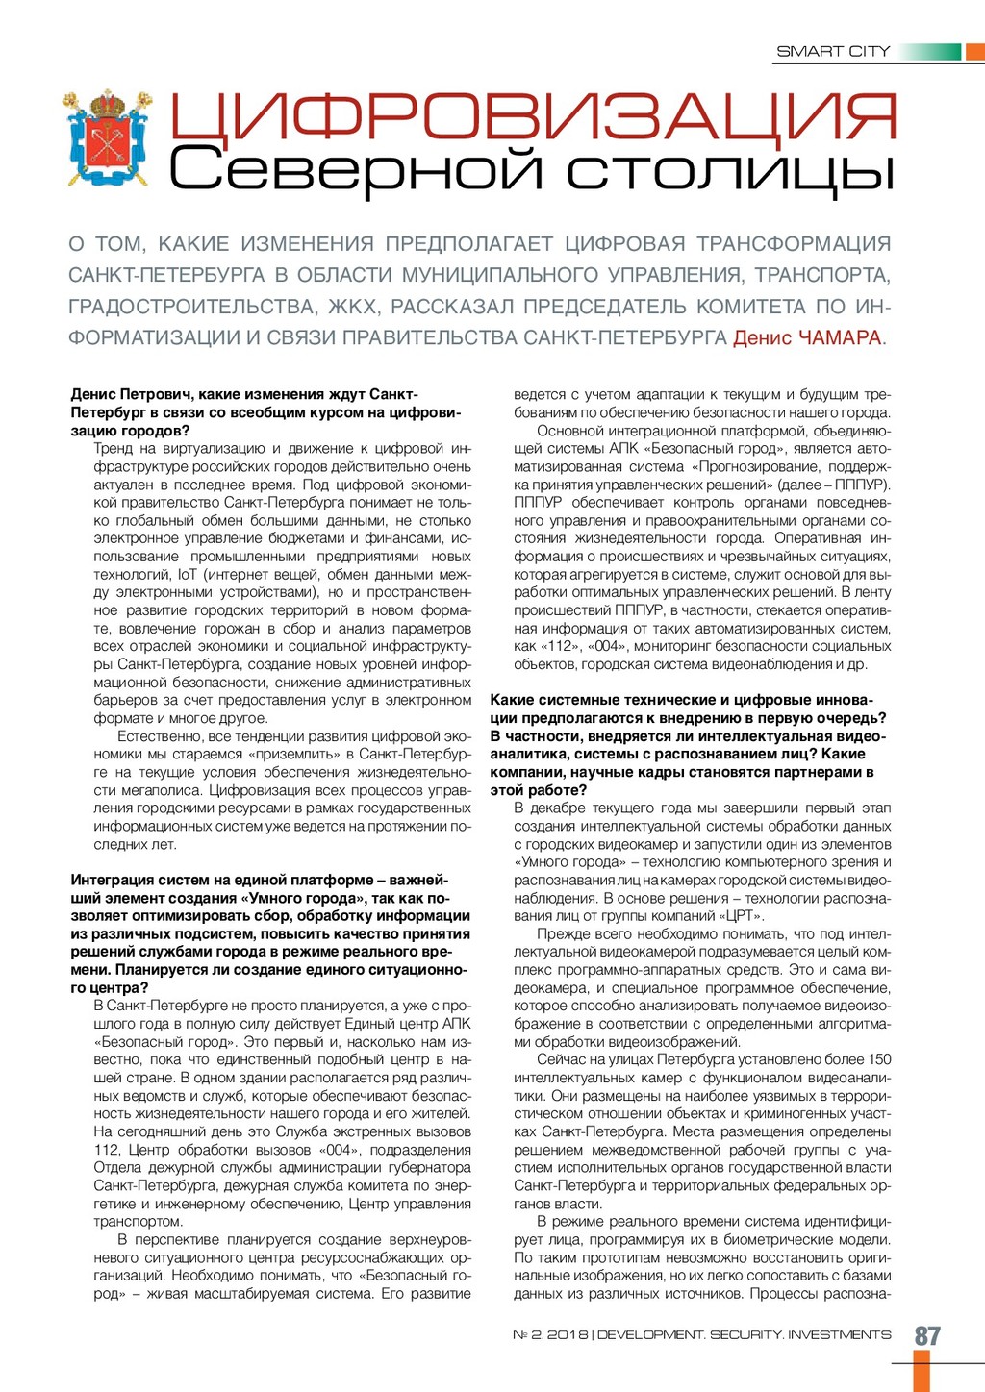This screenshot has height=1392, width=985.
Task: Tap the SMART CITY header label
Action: click(833, 51)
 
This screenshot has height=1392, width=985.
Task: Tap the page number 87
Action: click(927, 1335)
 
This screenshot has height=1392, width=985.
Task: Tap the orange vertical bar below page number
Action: click(922, 1371)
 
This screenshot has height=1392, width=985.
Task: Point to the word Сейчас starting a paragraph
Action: click(561, 1059)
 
